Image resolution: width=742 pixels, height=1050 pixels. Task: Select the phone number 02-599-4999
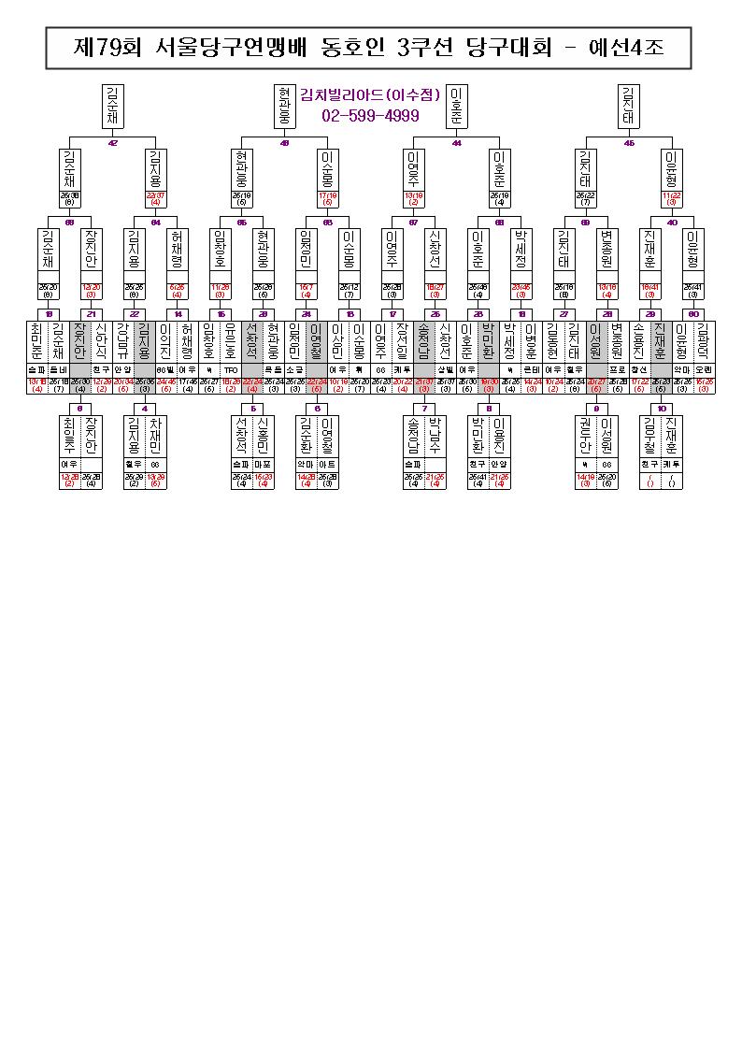click(370, 116)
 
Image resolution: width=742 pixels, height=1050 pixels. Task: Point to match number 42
click(113, 143)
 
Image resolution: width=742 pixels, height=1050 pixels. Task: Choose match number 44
click(457, 143)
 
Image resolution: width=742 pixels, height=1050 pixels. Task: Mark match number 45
click(629, 143)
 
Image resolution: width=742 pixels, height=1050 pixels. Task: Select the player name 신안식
click(101, 342)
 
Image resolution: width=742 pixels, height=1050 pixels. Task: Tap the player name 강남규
click(122, 342)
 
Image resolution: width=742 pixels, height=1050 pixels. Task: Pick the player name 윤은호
click(229, 342)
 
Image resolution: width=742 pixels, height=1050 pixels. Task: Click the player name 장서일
click(402, 342)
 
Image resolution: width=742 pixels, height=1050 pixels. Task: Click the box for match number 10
click(662, 409)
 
